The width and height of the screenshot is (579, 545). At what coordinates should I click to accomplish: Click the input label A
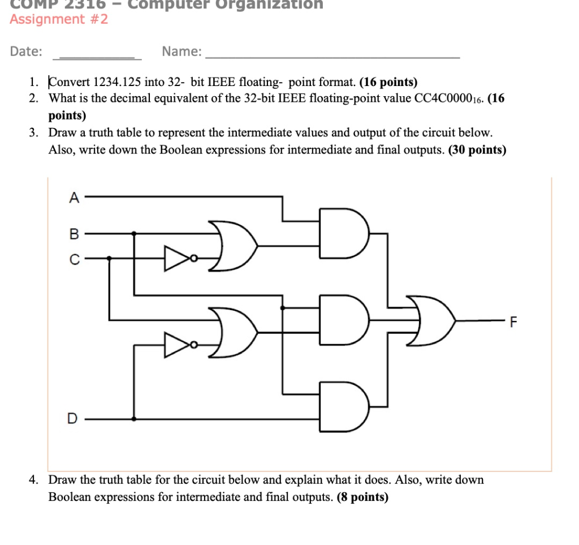(x=74, y=198)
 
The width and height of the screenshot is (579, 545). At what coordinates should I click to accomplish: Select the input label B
(x=74, y=233)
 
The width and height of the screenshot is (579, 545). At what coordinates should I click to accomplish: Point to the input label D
(x=72, y=419)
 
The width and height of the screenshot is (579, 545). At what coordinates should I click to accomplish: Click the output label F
(x=513, y=323)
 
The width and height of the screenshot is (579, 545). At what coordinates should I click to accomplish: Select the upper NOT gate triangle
(x=177, y=258)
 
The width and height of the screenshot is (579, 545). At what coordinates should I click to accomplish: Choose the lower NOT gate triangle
(x=177, y=345)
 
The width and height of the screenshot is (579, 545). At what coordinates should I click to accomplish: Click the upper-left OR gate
(x=233, y=246)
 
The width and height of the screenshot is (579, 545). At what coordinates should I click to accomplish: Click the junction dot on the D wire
(x=134, y=419)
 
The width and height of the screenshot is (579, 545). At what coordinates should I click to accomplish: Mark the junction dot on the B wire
(x=134, y=233)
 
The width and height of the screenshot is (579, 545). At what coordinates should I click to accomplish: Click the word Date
(x=25, y=52)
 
